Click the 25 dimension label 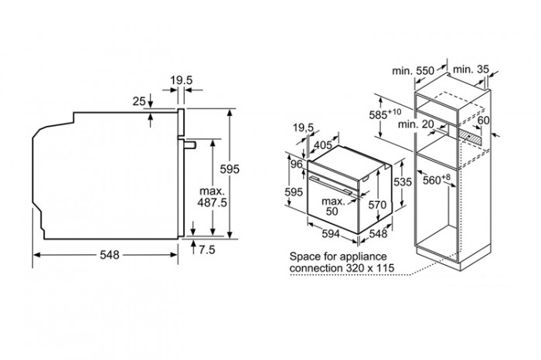click(x=139, y=101)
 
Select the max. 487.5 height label click(x=212, y=197)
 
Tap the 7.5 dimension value click(x=206, y=250)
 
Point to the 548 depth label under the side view click(x=110, y=255)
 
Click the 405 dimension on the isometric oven click(x=323, y=145)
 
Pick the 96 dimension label click(x=296, y=164)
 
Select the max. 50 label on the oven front click(x=332, y=206)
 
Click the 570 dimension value click(x=377, y=205)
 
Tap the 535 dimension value click(x=403, y=182)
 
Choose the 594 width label click(x=331, y=234)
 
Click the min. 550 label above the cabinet click(x=413, y=71)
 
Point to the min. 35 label click(x=471, y=70)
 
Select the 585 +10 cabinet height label click(x=385, y=114)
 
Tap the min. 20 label click(x=416, y=124)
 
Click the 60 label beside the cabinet click(x=483, y=121)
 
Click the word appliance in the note click(x=363, y=257)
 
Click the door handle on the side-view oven click(x=190, y=144)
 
